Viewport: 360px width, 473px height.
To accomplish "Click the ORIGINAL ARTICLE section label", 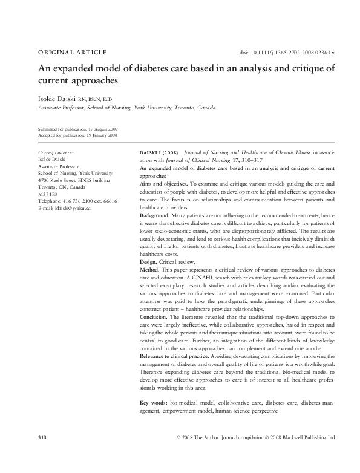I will tap(72, 53).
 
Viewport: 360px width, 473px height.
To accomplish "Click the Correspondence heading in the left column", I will tap(56, 152).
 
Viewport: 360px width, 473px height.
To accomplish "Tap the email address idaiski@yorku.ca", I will tap(64, 208).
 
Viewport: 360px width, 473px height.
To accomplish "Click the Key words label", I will tap(154, 402).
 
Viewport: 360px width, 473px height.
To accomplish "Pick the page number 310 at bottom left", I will tap(42, 437).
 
